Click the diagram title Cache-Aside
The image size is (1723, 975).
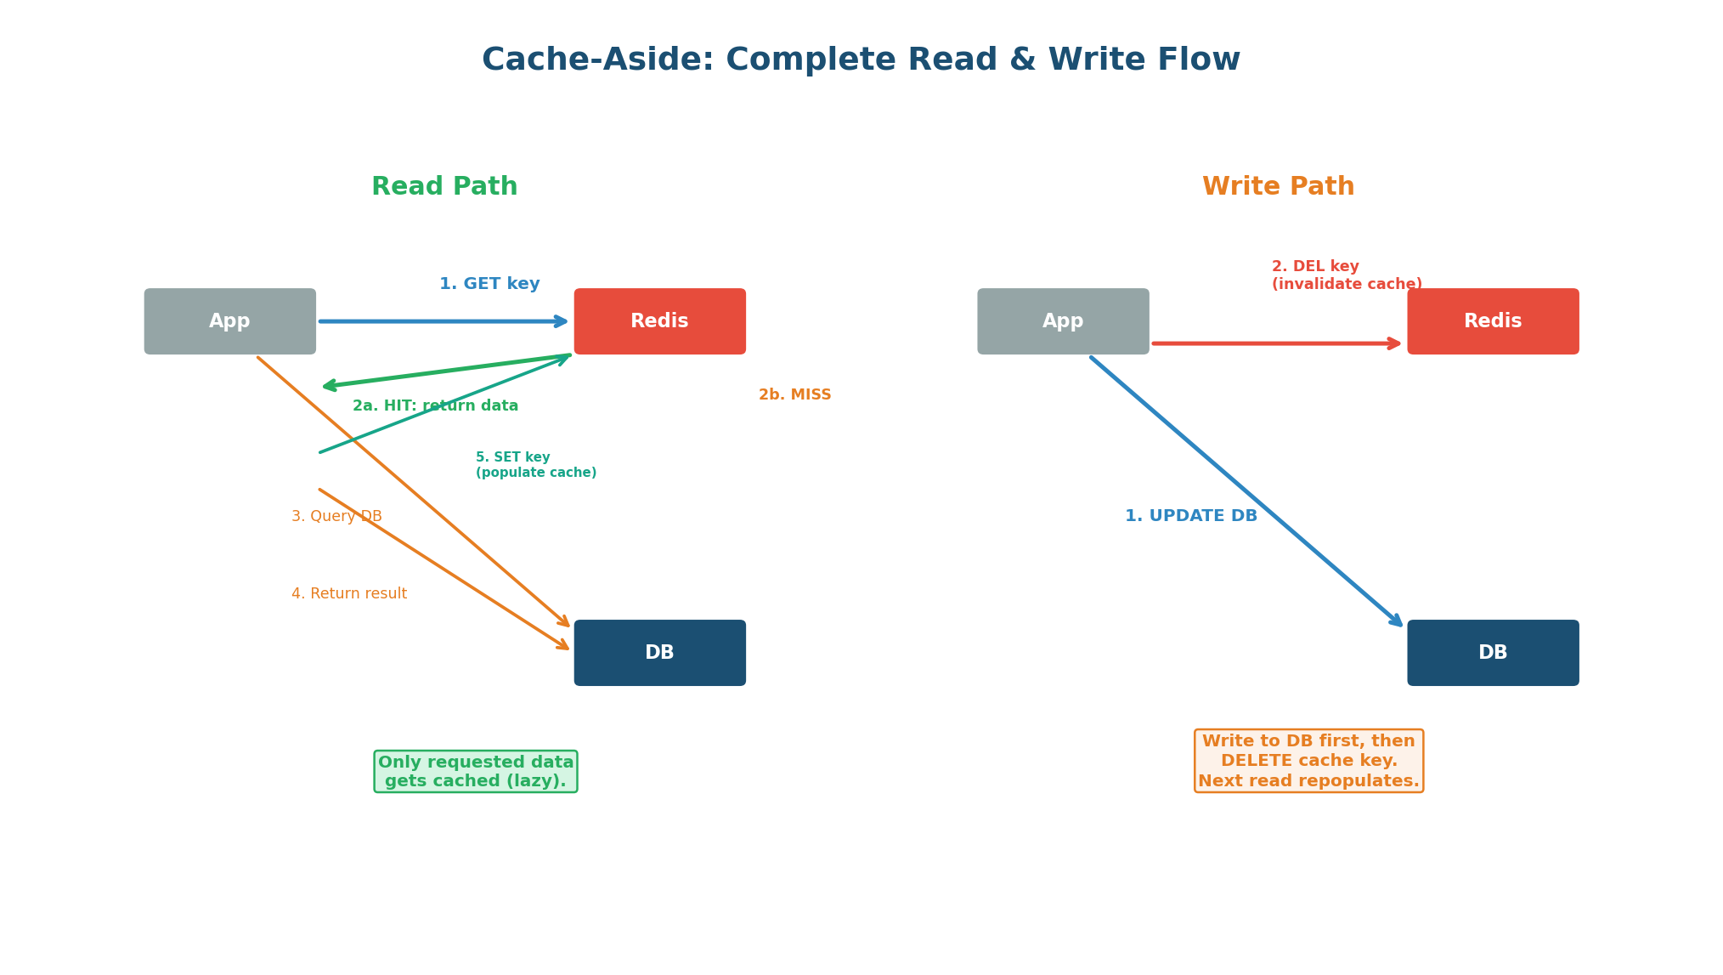861,60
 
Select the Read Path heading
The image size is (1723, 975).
444,187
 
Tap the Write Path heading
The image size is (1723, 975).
1278,187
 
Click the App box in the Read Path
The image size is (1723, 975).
229,321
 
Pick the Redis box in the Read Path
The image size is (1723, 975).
659,321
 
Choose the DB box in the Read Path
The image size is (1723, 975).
659,653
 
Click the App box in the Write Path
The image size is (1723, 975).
1063,321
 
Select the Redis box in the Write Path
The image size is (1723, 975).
1493,321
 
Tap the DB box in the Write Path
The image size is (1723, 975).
1493,653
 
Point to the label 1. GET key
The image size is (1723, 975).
489,284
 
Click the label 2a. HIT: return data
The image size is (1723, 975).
435,406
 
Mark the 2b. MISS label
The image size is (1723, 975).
794,395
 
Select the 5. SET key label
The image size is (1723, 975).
535,465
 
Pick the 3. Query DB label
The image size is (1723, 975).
336,517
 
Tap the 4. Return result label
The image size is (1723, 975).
349,594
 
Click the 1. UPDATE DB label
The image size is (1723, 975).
1190,516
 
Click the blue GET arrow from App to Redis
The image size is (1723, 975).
442,321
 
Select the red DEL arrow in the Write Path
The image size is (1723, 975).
1274,343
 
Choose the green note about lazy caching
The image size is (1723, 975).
476,772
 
